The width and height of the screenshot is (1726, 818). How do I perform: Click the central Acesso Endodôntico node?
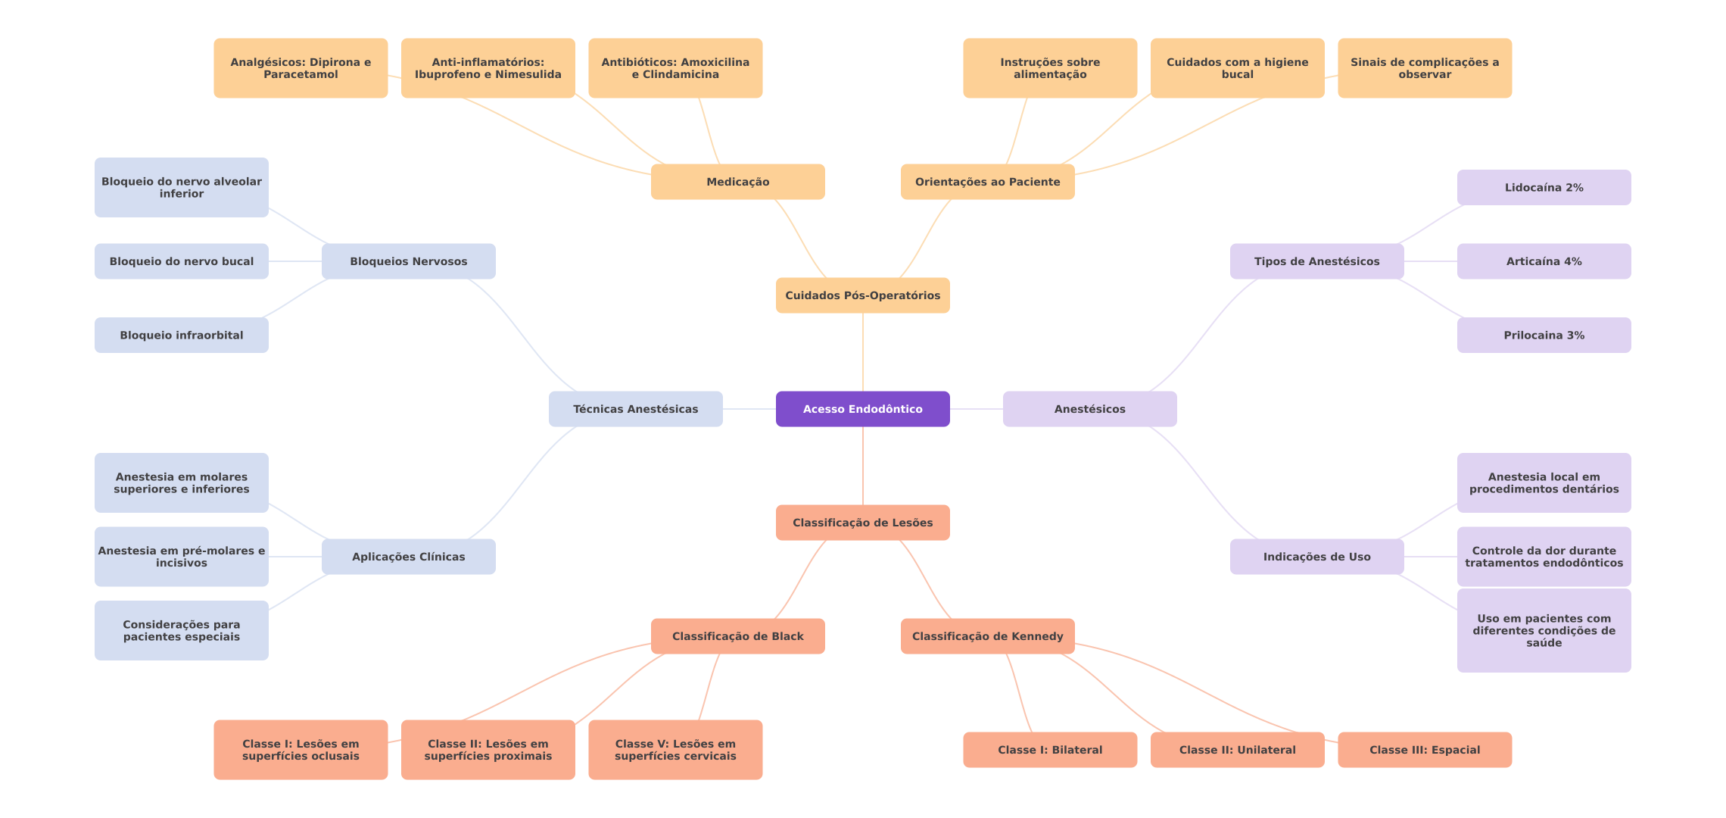(x=862, y=409)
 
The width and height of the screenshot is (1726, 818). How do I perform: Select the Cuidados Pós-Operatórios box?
(x=862, y=295)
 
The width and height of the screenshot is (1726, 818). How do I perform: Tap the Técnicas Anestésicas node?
(x=635, y=409)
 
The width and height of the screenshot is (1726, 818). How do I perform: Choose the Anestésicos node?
(x=1089, y=409)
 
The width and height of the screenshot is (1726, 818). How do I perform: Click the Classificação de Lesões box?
(x=862, y=523)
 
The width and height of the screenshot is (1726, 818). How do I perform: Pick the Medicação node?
(x=737, y=182)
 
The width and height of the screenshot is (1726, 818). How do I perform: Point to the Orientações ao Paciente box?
(x=987, y=182)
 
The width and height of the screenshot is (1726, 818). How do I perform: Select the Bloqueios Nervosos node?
(x=408, y=261)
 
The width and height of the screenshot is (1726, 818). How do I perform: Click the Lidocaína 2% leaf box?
(x=1544, y=187)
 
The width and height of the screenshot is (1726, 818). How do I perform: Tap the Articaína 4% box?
(x=1544, y=261)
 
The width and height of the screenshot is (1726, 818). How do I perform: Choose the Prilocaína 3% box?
(x=1544, y=335)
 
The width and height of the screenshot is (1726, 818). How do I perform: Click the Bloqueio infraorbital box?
(x=181, y=335)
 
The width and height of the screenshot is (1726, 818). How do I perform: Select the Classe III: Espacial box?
(x=1424, y=750)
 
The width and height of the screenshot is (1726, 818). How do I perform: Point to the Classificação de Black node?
(x=737, y=636)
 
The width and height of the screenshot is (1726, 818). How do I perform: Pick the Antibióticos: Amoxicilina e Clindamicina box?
(x=675, y=68)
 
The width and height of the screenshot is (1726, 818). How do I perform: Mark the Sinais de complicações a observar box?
(x=1424, y=68)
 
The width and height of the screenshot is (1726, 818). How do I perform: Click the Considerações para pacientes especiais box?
(x=181, y=630)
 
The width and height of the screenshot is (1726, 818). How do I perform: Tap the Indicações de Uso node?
(x=1316, y=557)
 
